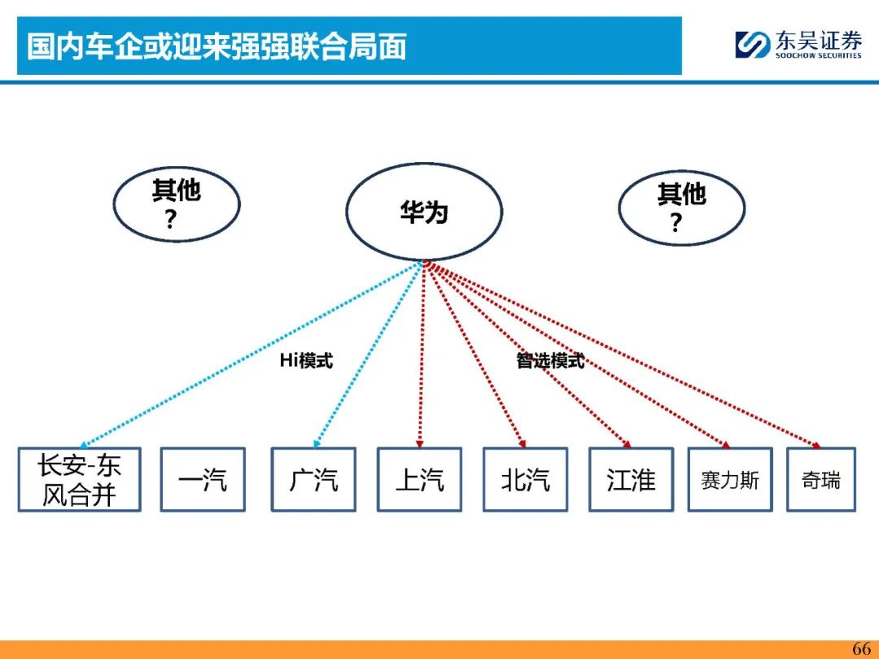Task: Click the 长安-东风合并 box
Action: point(79,480)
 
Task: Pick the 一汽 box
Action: point(203,480)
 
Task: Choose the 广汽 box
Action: point(313,480)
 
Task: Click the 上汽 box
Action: point(419,480)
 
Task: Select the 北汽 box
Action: point(525,480)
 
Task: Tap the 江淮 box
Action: point(631,480)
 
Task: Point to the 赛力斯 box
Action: point(730,480)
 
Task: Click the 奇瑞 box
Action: point(821,480)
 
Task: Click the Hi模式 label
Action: point(306,360)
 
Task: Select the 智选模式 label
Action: point(550,360)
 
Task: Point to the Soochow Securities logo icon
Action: point(752,44)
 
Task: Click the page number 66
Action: point(861,648)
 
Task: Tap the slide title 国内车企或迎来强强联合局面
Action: point(217,46)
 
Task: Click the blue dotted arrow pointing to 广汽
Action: point(368,355)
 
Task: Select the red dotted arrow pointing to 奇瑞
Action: point(623,355)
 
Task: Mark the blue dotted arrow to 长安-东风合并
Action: point(251,355)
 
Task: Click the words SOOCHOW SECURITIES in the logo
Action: point(819,55)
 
